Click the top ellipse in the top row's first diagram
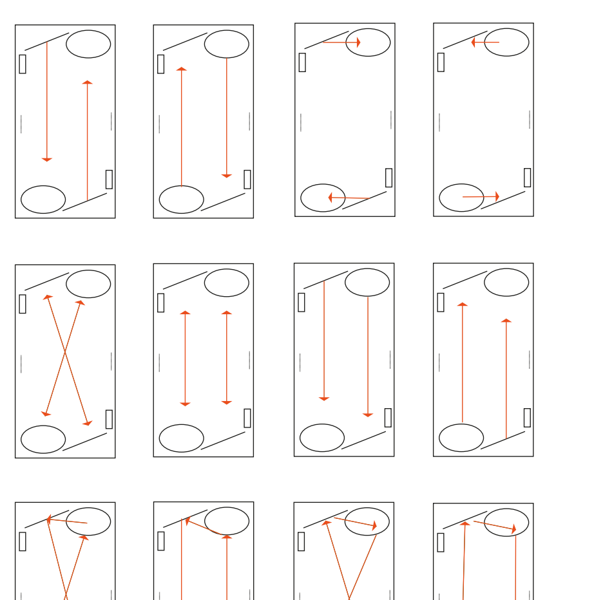pos(88,44)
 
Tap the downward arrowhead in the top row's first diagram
pos(47,159)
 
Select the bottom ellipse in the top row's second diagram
pos(182,200)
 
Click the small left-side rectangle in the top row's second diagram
pos(161,64)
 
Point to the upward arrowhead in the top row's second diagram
pos(182,69)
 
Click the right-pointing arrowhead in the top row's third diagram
pos(358,42)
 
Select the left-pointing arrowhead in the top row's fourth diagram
pos(474,42)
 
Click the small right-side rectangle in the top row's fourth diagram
pos(527,178)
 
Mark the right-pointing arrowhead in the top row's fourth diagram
pos(497,196)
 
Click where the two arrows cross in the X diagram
pos(64,353)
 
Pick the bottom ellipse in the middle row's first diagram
pos(43,439)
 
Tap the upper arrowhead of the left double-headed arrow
pos(186,313)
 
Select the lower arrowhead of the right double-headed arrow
pos(227,402)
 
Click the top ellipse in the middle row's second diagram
pos(227,283)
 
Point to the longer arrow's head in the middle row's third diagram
pos(368,415)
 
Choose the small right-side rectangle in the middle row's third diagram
pos(388,417)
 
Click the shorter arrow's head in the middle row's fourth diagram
pos(506,321)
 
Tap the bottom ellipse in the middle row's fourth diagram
pos(461,438)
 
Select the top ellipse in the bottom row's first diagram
pos(88,521)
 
